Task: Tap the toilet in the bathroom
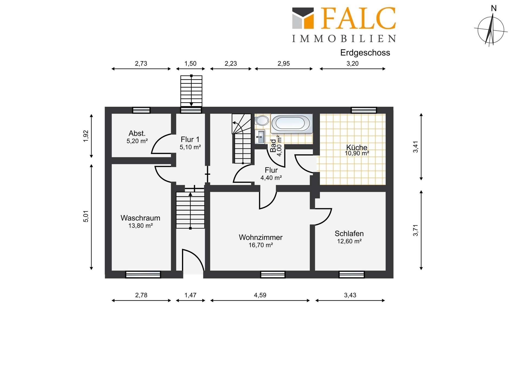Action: (x=262, y=120)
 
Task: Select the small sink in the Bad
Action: (x=260, y=137)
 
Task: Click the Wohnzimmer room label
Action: (x=261, y=237)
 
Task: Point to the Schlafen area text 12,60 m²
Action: (x=349, y=241)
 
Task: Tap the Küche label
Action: (x=357, y=147)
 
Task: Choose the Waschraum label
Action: (x=140, y=218)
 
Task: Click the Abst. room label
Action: (x=137, y=133)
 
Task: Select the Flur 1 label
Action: (x=190, y=140)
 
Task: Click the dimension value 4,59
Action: (x=260, y=295)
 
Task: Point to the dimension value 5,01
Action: (x=86, y=216)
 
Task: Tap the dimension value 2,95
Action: (x=284, y=64)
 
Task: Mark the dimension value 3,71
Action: (x=415, y=230)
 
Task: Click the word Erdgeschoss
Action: (x=365, y=52)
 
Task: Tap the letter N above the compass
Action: (x=494, y=9)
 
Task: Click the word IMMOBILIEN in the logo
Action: (x=344, y=39)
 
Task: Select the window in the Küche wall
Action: (x=364, y=110)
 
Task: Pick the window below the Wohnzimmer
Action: (x=273, y=275)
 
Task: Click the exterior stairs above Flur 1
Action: (x=191, y=91)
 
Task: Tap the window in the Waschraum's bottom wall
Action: (x=143, y=275)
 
